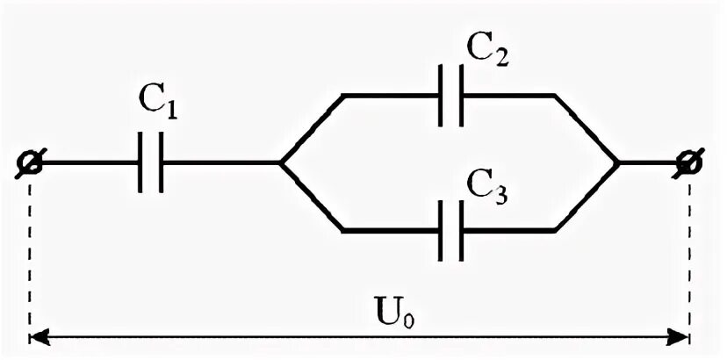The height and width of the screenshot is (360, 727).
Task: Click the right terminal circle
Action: coord(688,162)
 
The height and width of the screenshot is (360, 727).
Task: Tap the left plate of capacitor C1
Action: coord(140,162)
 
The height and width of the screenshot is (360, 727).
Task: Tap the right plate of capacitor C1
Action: coord(160,162)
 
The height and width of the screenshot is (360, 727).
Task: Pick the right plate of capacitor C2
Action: coord(459,95)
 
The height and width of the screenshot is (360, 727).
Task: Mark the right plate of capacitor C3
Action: coord(459,231)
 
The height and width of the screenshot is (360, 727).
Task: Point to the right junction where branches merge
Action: coord(619,162)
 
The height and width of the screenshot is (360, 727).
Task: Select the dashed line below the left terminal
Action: coord(31,255)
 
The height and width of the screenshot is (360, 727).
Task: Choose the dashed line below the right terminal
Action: coord(689,255)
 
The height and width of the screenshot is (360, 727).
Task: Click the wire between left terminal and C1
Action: coord(88,162)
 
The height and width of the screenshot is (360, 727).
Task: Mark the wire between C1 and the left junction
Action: coord(220,162)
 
